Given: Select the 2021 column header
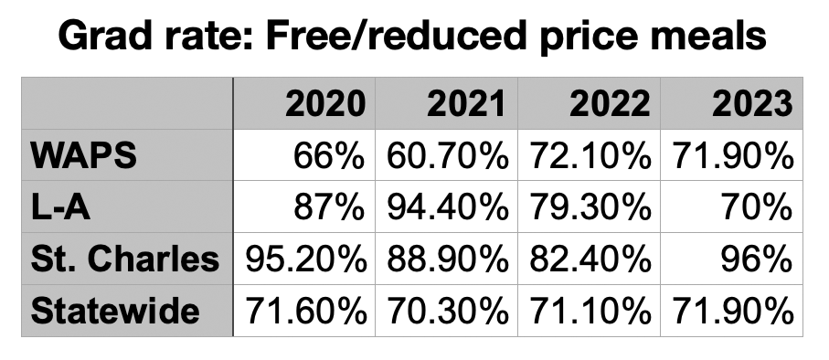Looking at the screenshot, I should tap(466, 104).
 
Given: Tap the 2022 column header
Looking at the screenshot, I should tap(610, 104).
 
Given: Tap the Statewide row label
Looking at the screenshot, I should tap(115, 312).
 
